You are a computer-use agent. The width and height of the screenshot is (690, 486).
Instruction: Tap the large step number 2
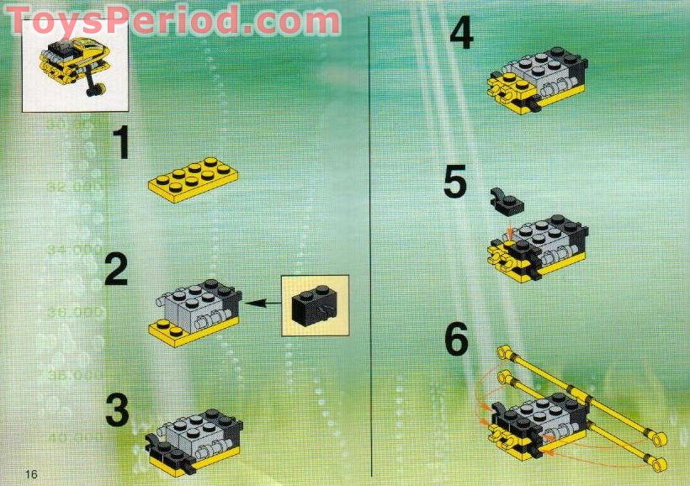[x=117, y=271]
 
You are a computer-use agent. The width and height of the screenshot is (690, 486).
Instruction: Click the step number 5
[x=454, y=182]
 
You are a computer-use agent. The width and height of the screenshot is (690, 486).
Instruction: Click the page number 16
[x=31, y=474]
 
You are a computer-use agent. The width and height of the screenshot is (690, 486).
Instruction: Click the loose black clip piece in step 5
[x=505, y=199]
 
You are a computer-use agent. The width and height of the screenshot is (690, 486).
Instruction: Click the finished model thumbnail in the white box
[x=74, y=64]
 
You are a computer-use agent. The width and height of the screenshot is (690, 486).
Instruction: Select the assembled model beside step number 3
[x=194, y=436]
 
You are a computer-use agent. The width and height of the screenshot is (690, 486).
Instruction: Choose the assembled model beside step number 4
[x=536, y=80]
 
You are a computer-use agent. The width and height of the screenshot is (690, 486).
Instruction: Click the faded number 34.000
[x=73, y=250]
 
